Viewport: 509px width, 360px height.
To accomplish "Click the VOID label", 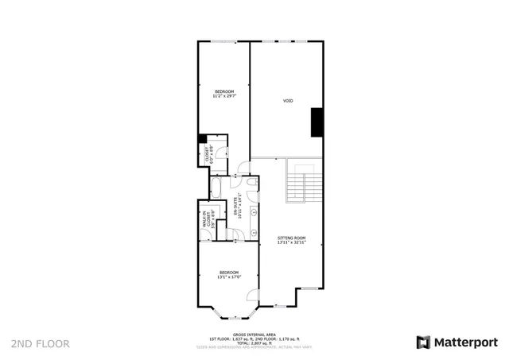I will pyautogui.click(x=288, y=101).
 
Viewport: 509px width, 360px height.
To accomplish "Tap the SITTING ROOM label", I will pyautogui.click(x=292, y=239).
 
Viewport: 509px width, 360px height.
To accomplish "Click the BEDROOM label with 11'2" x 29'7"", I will pyautogui.click(x=223, y=94).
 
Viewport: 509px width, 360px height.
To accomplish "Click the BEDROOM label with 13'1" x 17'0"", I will pyautogui.click(x=228, y=274).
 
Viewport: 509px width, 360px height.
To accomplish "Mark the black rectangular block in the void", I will pyautogui.click(x=317, y=121).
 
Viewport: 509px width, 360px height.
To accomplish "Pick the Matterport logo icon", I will pyautogui.click(x=424, y=343).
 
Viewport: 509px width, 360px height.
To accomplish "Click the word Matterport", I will pyautogui.click(x=465, y=343).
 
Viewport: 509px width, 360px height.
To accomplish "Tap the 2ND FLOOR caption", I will pyautogui.click(x=40, y=344).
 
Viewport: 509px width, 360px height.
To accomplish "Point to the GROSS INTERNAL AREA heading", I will pyautogui.click(x=254, y=335).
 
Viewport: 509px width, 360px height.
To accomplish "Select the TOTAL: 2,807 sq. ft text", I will pyautogui.click(x=254, y=343).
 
